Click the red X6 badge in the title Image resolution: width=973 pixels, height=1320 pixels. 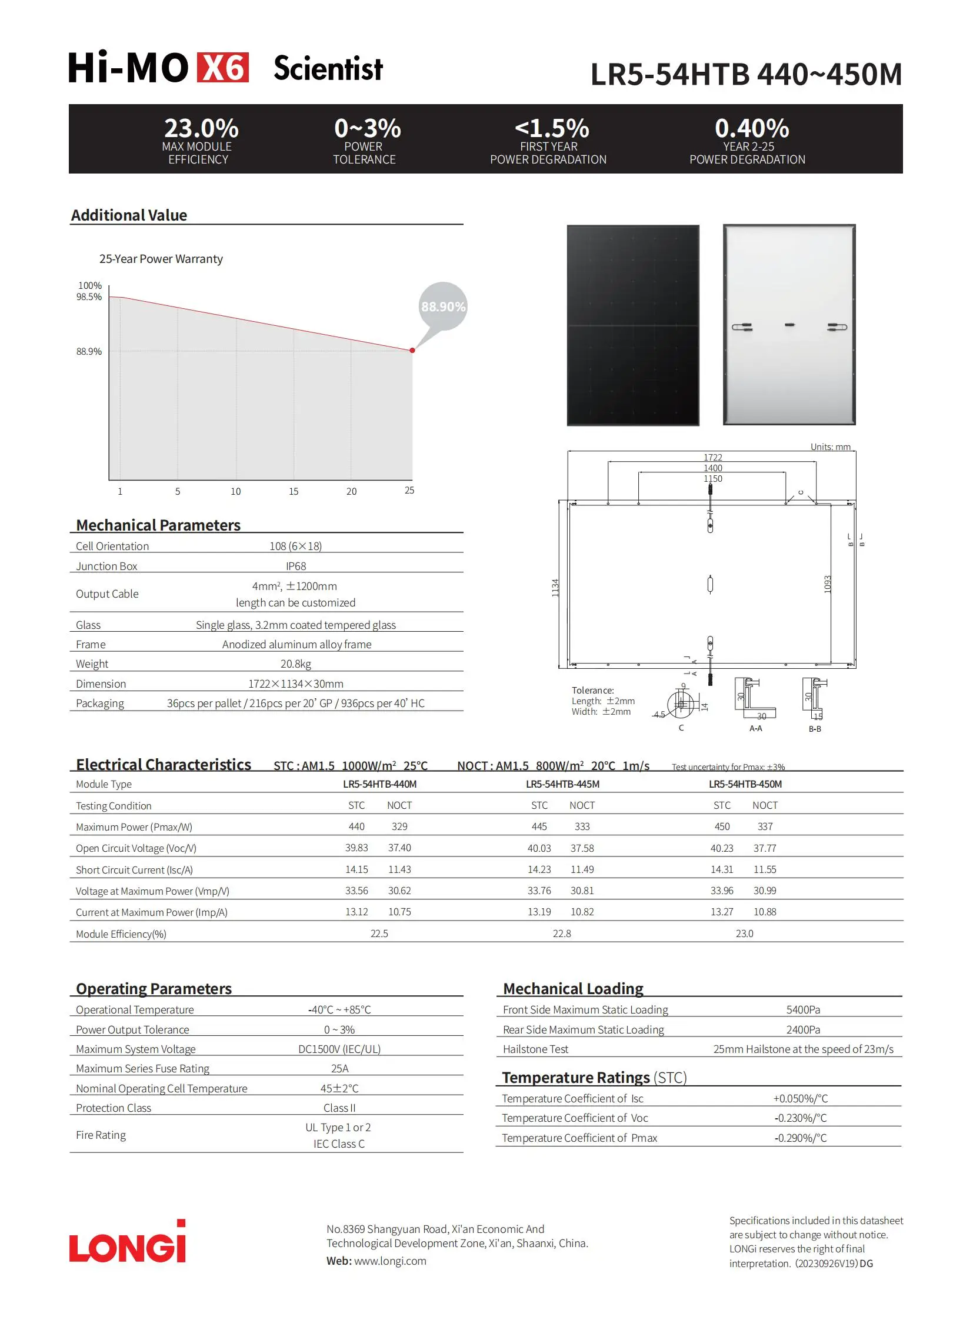pyautogui.click(x=222, y=68)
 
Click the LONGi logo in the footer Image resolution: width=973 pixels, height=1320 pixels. pyautogui.click(x=127, y=1244)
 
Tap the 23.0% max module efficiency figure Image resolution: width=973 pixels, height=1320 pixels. pyautogui.click(x=201, y=128)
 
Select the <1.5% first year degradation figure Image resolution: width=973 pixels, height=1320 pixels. pyautogui.click(x=551, y=128)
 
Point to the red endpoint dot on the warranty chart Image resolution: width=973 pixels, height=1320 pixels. pyautogui.click(x=412, y=351)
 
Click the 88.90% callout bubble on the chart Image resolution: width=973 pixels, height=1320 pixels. pyautogui.click(x=443, y=306)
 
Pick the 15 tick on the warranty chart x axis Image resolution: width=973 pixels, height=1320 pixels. pyautogui.click(x=294, y=491)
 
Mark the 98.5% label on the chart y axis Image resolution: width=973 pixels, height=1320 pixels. pyautogui.click(x=89, y=297)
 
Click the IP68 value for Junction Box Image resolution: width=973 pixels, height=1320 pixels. pyautogui.click(x=296, y=566)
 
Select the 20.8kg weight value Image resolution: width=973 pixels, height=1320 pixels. pyautogui.click(x=296, y=664)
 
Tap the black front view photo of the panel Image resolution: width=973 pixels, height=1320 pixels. pyautogui.click(x=632, y=325)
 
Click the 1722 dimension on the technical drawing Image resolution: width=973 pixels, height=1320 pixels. pyautogui.click(x=712, y=457)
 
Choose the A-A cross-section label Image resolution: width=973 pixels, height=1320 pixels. pyautogui.click(x=756, y=729)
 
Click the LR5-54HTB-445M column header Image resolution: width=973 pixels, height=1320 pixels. pyautogui.click(x=562, y=784)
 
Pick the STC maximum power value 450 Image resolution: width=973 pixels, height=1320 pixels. pyautogui.click(x=722, y=826)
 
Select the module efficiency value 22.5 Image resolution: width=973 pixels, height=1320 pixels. pyautogui.click(x=379, y=934)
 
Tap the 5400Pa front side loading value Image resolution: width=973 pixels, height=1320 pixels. pyautogui.click(x=803, y=1009)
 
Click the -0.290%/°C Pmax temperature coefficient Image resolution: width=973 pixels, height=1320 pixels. pyautogui.click(x=801, y=1138)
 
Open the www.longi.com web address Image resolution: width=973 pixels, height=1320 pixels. pyautogui.click(x=390, y=1261)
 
